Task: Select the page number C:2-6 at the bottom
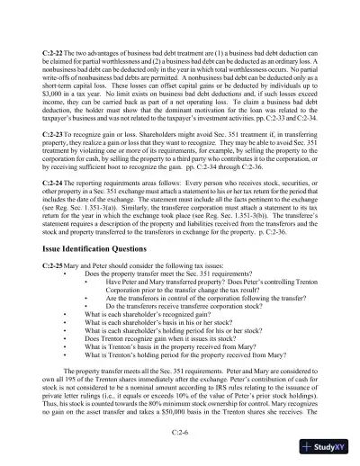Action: click(x=180, y=432)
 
